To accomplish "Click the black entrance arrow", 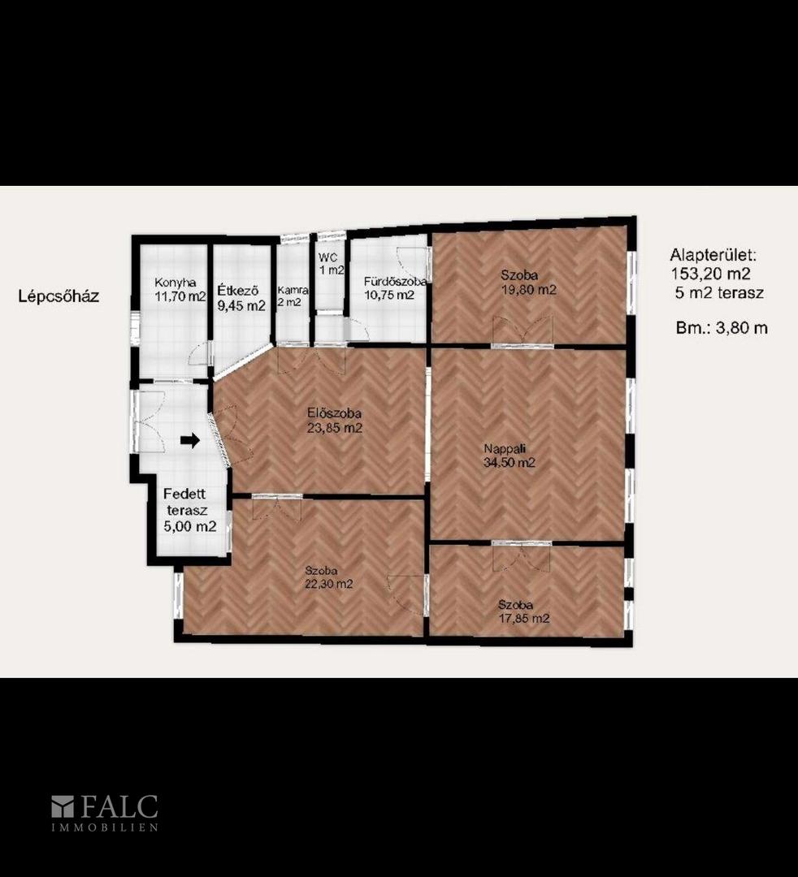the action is pyautogui.click(x=189, y=440).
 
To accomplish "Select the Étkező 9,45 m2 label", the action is pyautogui.click(x=241, y=298).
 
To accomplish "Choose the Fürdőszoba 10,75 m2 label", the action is pyautogui.click(x=395, y=288).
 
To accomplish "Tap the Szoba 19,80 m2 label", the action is pyautogui.click(x=528, y=283).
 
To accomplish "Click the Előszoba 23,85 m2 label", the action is pyautogui.click(x=334, y=421).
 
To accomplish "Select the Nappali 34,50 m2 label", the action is pyautogui.click(x=510, y=456).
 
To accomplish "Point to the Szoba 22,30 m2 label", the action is pyautogui.click(x=328, y=577).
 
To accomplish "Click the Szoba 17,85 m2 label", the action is pyautogui.click(x=524, y=611).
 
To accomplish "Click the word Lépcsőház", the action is pyautogui.click(x=59, y=296).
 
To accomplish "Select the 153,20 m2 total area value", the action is pyautogui.click(x=711, y=274).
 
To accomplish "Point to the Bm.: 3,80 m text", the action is pyautogui.click(x=722, y=328).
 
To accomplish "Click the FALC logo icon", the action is pyautogui.click(x=63, y=806).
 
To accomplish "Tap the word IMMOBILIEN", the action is pyautogui.click(x=105, y=827).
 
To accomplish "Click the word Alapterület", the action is pyautogui.click(x=713, y=256).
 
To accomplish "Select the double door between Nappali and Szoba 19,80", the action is pyautogui.click(x=523, y=331).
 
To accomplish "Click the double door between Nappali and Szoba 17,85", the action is pyautogui.click(x=522, y=555).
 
